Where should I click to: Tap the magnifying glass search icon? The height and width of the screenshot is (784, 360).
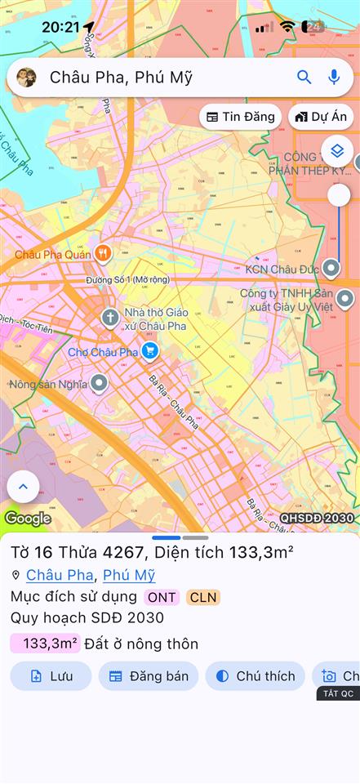pos(304,78)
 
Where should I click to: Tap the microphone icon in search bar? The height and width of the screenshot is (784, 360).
pos(334,78)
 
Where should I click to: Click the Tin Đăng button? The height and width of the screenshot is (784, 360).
pos(240,117)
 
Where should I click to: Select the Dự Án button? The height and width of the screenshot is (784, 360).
pos(321,117)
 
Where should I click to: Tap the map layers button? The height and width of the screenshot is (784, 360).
pos(337,150)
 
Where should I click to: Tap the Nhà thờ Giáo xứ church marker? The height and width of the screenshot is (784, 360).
pos(110,316)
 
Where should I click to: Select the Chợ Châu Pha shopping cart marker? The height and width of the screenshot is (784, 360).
pos(149,351)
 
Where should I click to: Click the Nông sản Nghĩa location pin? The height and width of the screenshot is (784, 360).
pos(99,383)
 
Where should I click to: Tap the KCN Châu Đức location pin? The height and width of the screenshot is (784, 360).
pos(331,268)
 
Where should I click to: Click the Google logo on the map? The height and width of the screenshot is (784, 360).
pos(28,518)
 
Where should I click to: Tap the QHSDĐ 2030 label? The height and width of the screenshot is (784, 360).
pos(317,518)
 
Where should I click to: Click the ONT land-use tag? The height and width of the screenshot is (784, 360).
pos(162,597)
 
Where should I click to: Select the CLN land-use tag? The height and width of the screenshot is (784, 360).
pos(203,597)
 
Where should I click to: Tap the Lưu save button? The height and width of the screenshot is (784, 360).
pos(51,676)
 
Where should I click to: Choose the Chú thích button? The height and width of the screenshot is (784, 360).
pos(255,676)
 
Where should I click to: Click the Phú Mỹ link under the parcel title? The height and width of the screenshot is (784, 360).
pos(129,575)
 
